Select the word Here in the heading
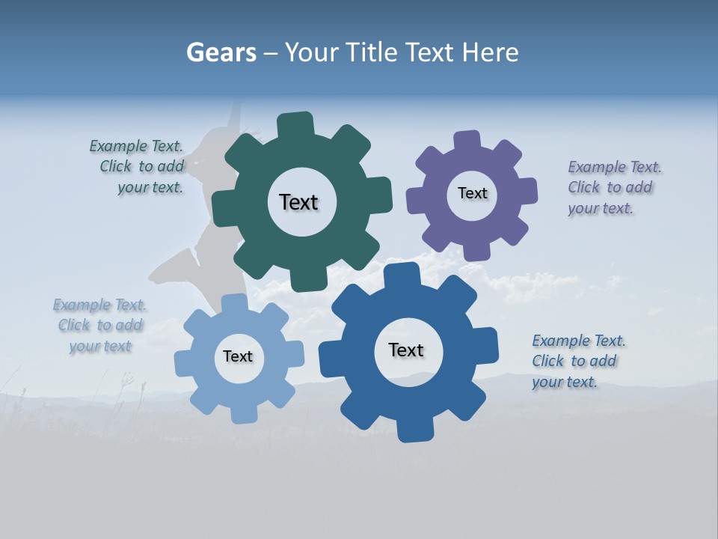490,52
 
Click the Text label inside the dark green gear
298,202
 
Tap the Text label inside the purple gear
472,193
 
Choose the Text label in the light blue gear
238,356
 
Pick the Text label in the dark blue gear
406,350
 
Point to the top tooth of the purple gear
467,141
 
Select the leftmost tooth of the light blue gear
184,363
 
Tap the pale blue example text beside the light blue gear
100,325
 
